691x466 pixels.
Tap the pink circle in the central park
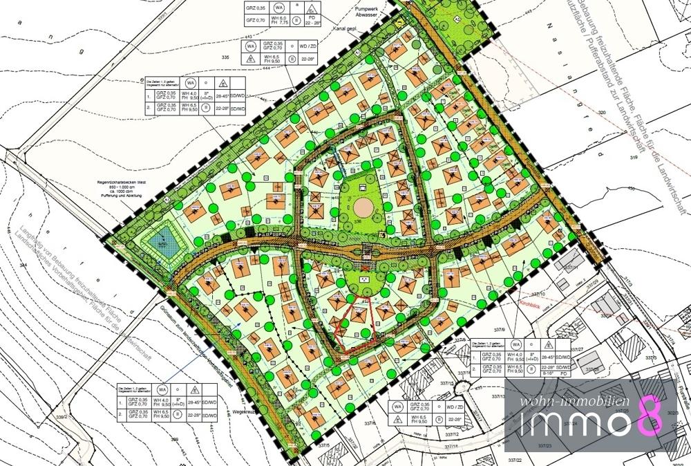click(x=362, y=206)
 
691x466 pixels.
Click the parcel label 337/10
click(x=539, y=294)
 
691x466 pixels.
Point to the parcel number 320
click(x=602, y=112)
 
